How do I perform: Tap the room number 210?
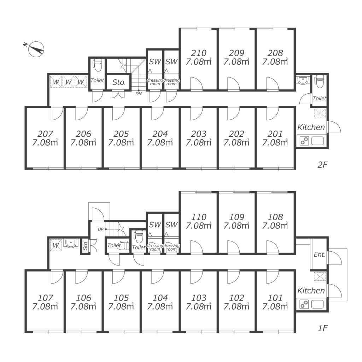click(x=198, y=53)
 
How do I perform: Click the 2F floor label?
click(x=323, y=165)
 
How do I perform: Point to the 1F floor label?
click(x=323, y=328)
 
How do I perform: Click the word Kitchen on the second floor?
click(x=311, y=127)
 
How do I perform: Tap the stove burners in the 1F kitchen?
click(x=304, y=304)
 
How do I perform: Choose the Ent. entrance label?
click(x=319, y=255)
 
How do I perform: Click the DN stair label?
click(x=139, y=94)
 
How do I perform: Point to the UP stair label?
click(x=100, y=229)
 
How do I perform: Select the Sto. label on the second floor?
click(x=118, y=83)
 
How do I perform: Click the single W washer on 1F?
click(x=56, y=245)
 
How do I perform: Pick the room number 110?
click(x=198, y=217)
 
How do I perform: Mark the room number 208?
click(x=275, y=53)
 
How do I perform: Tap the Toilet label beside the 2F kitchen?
click(x=319, y=99)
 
